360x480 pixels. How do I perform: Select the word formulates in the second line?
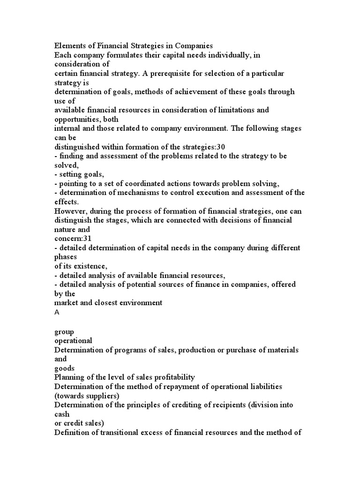[x=126, y=55]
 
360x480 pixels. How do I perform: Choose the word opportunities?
[x=78, y=119]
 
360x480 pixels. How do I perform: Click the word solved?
[x=66, y=165]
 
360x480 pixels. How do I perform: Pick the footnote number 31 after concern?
[x=89, y=239]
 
